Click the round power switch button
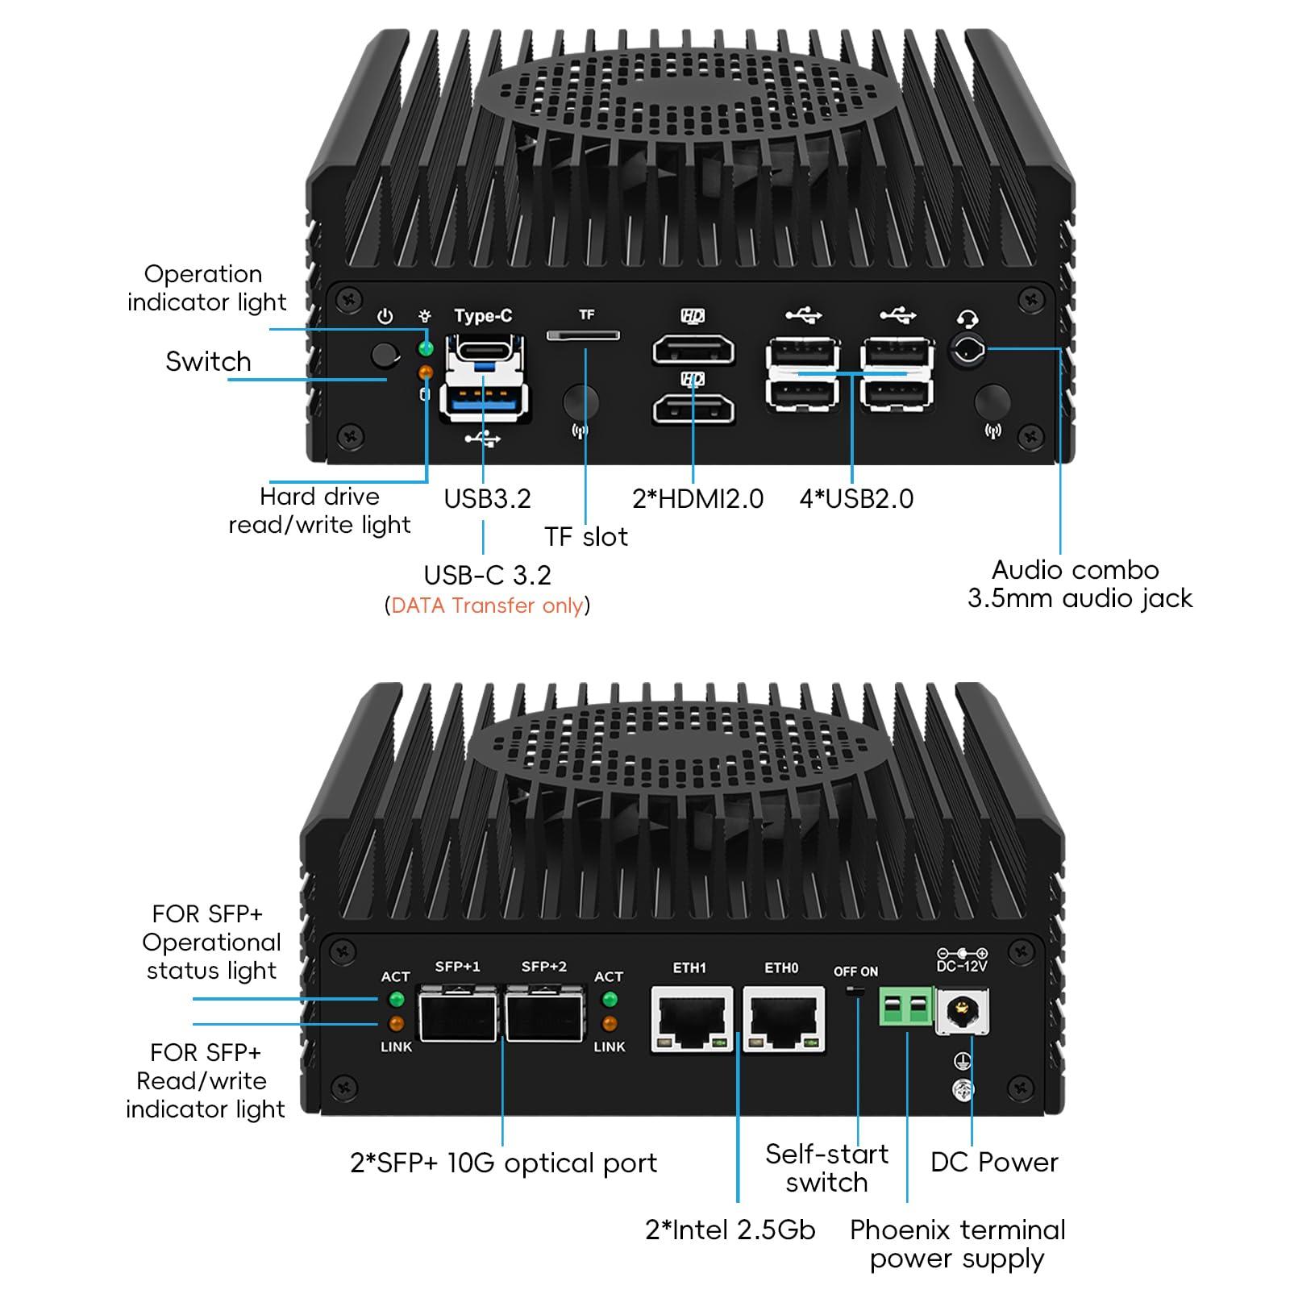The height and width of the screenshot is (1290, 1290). tap(384, 356)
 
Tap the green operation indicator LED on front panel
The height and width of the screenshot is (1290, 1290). tap(425, 348)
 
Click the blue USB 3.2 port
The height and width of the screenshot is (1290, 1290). tap(484, 400)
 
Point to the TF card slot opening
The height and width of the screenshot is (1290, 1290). tap(583, 335)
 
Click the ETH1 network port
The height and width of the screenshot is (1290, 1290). tap(691, 1019)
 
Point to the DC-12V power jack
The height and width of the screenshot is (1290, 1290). tap(961, 1011)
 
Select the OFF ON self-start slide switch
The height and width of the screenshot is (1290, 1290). tap(855, 991)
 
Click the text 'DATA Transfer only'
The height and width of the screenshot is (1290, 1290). tap(487, 605)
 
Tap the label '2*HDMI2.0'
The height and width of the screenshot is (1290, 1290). tap(697, 498)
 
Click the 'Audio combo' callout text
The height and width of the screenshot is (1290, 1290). tap(1075, 570)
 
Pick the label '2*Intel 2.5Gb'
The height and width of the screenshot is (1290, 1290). tap(730, 1230)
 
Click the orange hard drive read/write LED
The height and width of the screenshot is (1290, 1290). tap(425, 372)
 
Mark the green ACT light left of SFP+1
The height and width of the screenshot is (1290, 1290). tap(396, 1000)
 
